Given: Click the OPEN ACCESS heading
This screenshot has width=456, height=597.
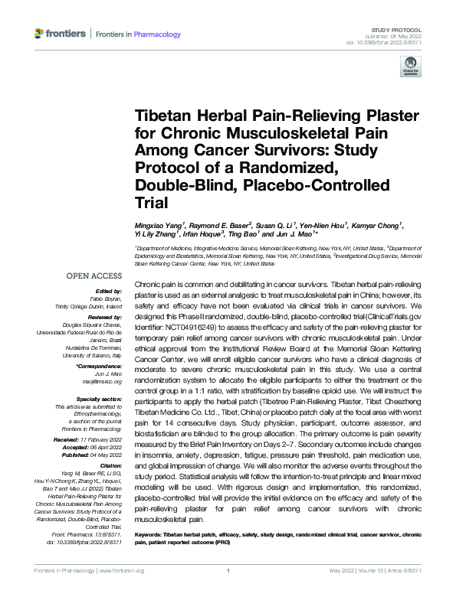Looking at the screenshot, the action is pyautogui.click(x=93, y=276).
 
